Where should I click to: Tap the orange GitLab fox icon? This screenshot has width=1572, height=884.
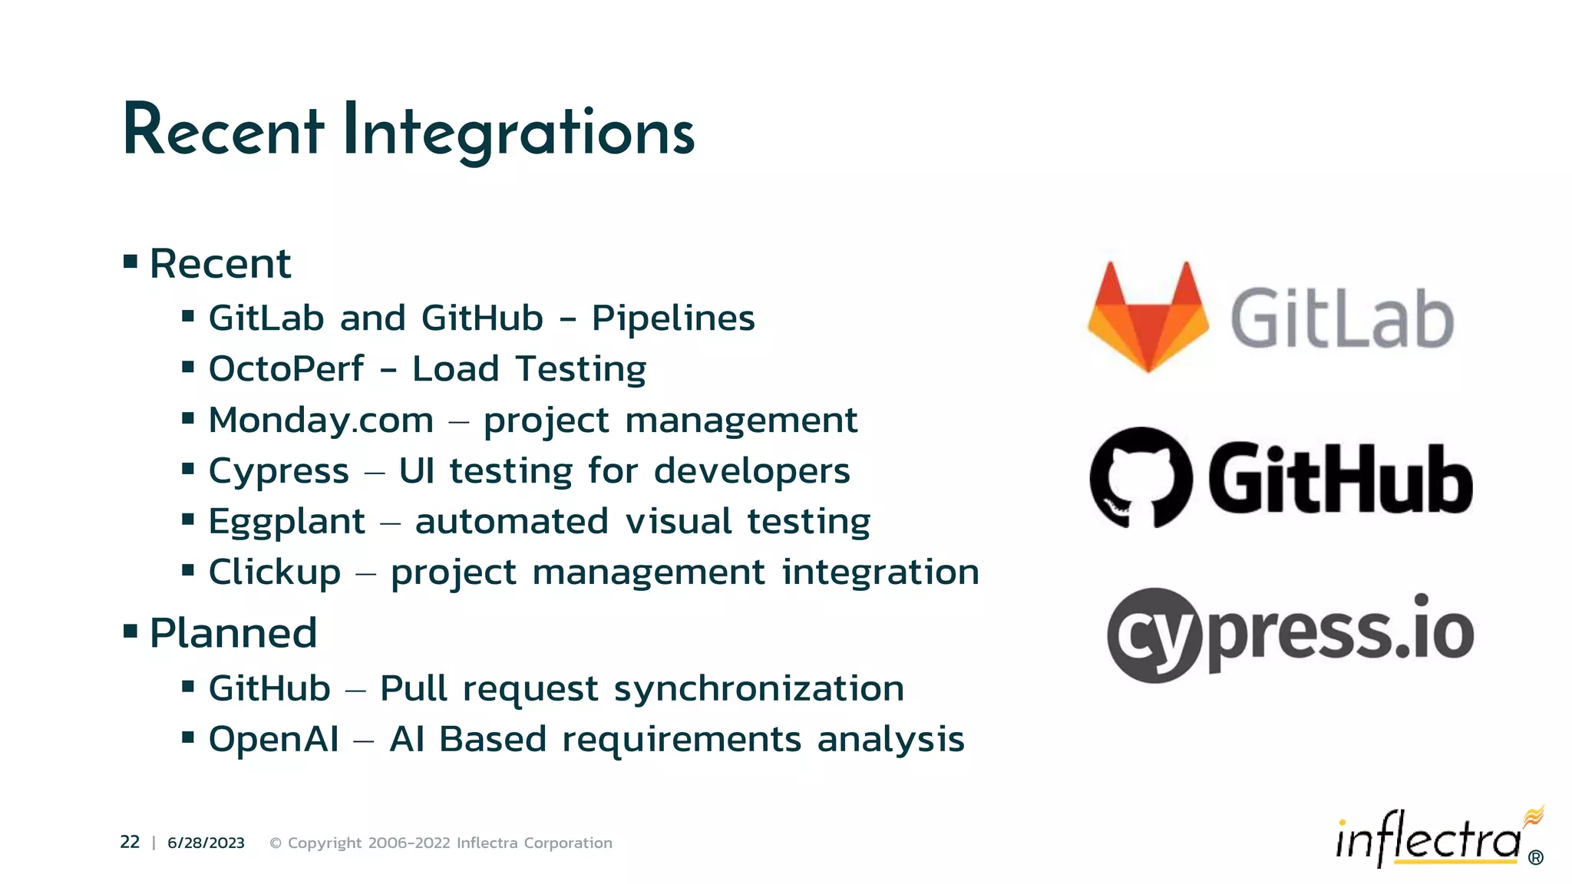pos(1148,317)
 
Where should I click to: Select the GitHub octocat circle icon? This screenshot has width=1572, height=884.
pos(1141,477)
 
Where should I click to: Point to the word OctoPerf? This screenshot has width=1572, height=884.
pos(286,369)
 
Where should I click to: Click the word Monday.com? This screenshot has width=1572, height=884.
pos(321,420)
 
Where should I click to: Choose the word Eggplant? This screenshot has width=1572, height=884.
pos(286,522)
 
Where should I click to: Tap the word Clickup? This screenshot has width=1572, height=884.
pos(274,572)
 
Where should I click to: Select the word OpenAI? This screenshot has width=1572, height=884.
pos(273,740)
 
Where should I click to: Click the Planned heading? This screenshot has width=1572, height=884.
pos(233,634)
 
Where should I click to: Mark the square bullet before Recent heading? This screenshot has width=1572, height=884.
pos(130,262)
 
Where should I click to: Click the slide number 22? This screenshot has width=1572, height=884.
pos(130,843)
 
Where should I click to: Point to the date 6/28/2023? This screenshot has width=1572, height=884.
pos(206,843)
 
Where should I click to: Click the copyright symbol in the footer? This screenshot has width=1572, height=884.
pos(276,843)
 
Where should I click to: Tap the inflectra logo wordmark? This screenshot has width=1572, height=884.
pos(1428,840)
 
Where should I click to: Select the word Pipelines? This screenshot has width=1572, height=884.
pos(673,318)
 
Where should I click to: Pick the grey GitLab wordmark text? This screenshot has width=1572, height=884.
pos(1342,318)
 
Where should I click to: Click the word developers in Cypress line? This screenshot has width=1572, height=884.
pos(751,471)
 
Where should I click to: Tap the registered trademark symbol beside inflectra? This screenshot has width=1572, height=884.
pos(1535,858)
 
